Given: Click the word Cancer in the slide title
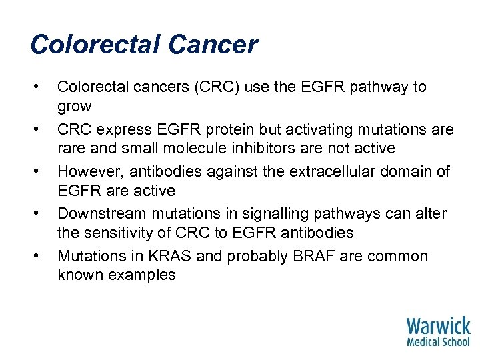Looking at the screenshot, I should (213, 45).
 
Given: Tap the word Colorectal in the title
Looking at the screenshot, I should (96, 45).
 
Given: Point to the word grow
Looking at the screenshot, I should (75, 105).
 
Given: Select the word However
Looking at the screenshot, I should (87, 172).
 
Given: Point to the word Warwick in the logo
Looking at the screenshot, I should (438, 326).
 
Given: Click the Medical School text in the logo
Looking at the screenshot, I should (438, 341).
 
